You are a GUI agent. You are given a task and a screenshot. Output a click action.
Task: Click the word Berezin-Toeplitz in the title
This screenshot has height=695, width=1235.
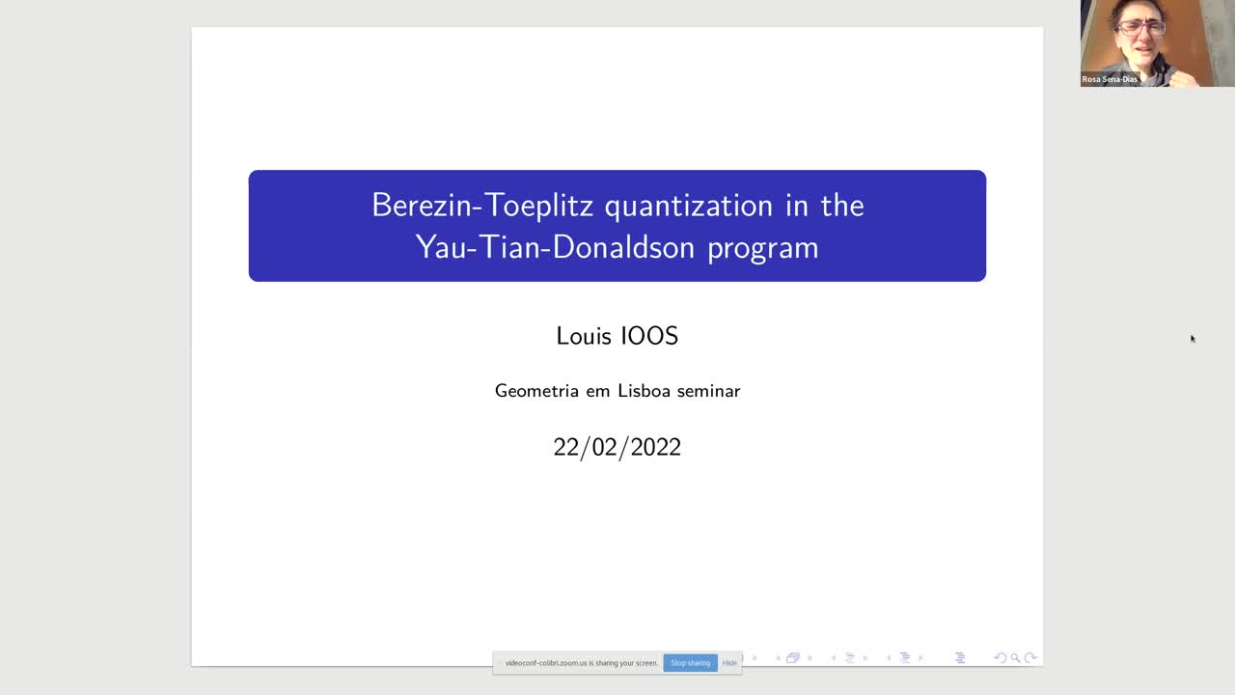click(482, 206)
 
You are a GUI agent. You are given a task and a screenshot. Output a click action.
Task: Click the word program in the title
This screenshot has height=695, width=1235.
click(763, 248)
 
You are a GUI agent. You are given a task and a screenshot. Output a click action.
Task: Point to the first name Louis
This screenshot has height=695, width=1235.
click(583, 336)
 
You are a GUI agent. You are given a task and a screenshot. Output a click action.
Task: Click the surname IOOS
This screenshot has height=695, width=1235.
click(648, 336)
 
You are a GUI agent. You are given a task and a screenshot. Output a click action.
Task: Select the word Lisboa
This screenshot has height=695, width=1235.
click(645, 391)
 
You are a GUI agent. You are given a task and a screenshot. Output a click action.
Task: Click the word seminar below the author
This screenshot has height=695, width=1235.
click(708, 391)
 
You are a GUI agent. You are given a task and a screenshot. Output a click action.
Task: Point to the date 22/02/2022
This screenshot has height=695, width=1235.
click(617, 447)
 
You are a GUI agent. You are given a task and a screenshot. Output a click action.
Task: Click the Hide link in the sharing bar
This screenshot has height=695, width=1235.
click(729, 663)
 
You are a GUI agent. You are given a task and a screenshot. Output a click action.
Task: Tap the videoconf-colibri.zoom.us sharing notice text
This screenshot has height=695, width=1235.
click(581, 663)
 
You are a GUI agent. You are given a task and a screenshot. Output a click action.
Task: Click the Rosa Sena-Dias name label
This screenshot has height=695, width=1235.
click(1110, 79)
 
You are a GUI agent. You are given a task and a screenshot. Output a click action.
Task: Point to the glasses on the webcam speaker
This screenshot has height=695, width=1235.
click(1140, 27)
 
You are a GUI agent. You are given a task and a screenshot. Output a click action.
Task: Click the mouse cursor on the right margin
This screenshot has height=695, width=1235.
click(1193, 338)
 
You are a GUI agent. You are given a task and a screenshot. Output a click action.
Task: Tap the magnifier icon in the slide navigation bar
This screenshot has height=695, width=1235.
click(1015, 658)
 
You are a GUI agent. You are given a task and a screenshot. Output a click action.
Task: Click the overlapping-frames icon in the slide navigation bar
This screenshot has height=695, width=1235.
click(793, 658)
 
